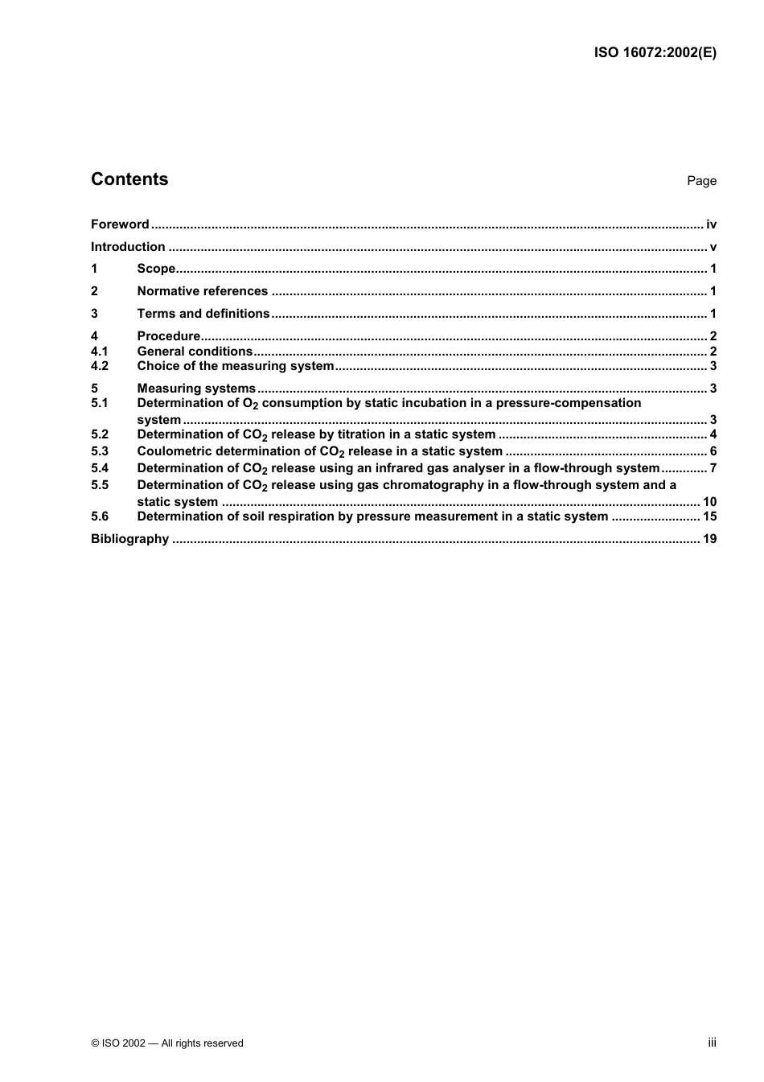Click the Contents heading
[129, 179]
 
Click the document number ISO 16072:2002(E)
[655, 53]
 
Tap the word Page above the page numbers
[701, 181]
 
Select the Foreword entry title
[120, 224]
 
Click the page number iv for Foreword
[711, 224]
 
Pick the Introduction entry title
[128, 247]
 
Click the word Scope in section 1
[156, 269]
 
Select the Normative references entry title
[202, 291]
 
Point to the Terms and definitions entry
[203, 314]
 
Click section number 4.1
[99, 352]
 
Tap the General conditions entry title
[195, 352]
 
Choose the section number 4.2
[99, 366]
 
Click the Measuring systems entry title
[196, 389]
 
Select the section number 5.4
[99, 468]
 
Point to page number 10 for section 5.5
[709, 502]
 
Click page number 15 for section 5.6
[709, 516]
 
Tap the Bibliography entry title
[129, 539]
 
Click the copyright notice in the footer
[167, 1043]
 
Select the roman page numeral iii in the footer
[712, 1043]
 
